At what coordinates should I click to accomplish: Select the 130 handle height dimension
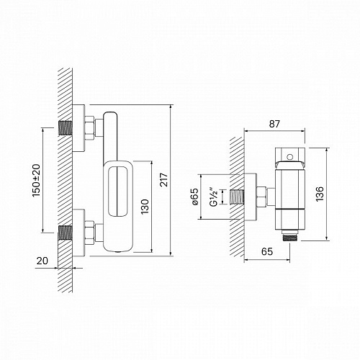point(147,207)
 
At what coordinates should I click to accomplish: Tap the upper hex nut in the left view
point(90,130)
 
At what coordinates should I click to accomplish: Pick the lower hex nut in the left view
point(90,232)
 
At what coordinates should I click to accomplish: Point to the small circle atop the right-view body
point(289,154)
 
